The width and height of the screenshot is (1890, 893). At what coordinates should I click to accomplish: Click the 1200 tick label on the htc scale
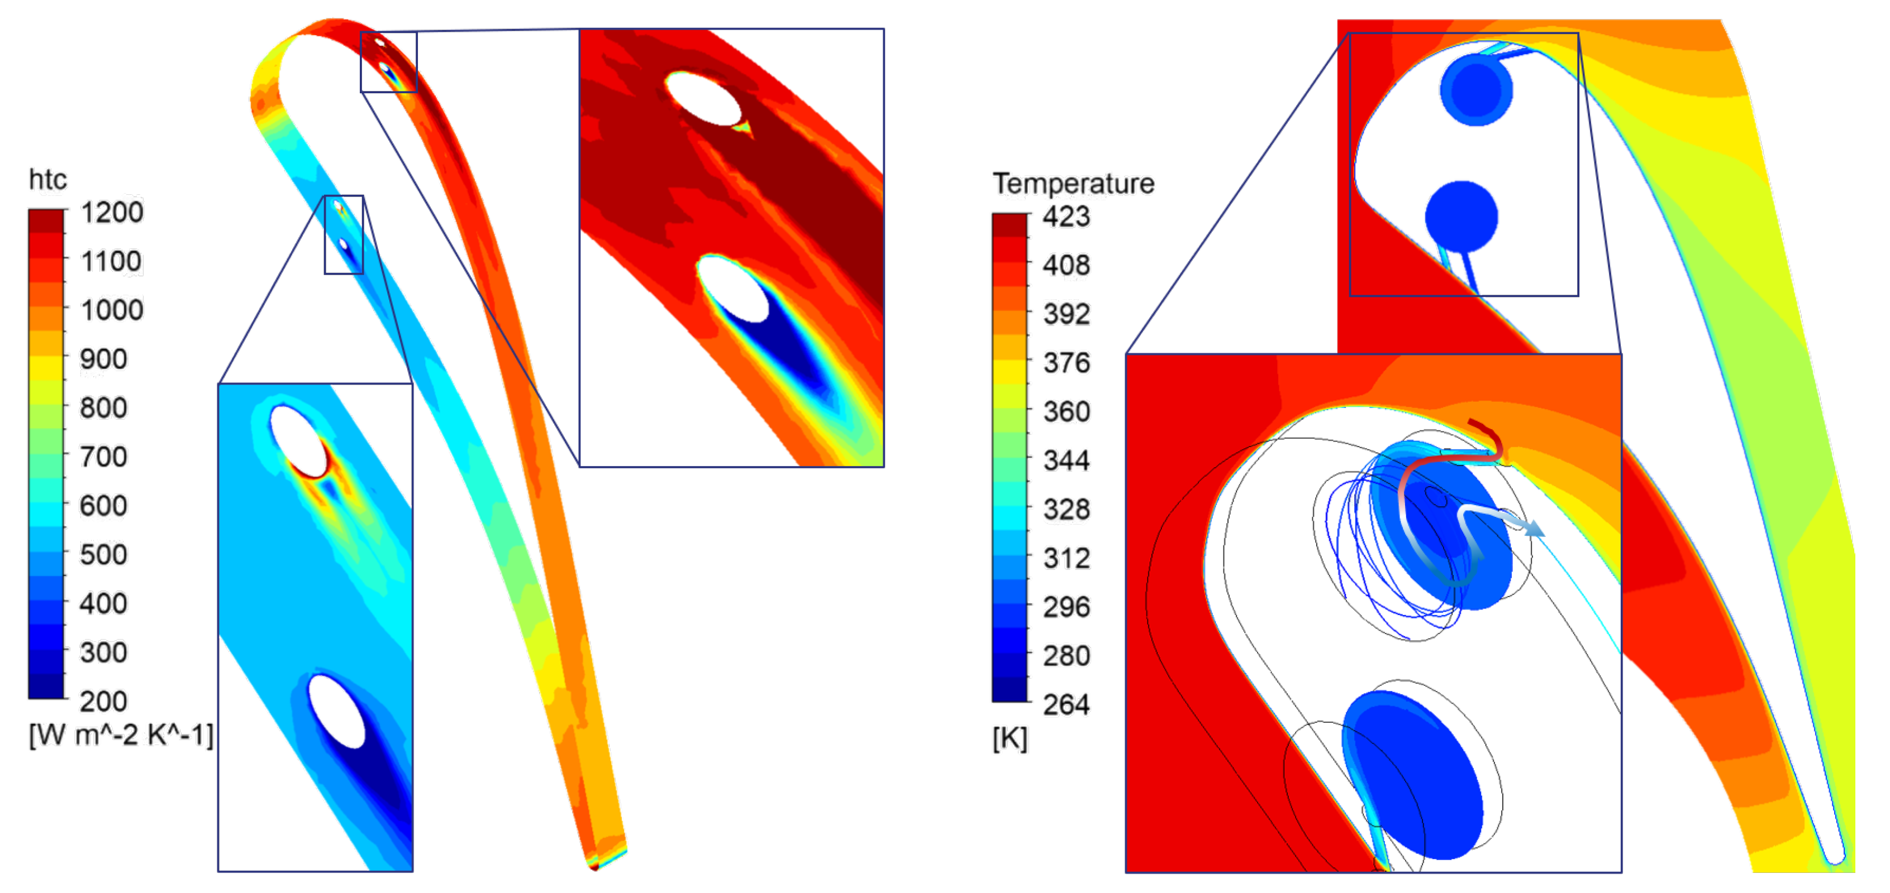click(112, 213)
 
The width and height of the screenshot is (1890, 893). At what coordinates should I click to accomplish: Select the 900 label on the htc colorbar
click(103, 359)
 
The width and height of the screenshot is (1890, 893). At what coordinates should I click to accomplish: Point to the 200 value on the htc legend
click(103, 702)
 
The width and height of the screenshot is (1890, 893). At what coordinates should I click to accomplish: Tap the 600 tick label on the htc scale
click(103, 506)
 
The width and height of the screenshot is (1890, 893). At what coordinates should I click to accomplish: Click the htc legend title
click(47, 180)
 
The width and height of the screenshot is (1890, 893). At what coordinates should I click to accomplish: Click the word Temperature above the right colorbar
click(1073, 183)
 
